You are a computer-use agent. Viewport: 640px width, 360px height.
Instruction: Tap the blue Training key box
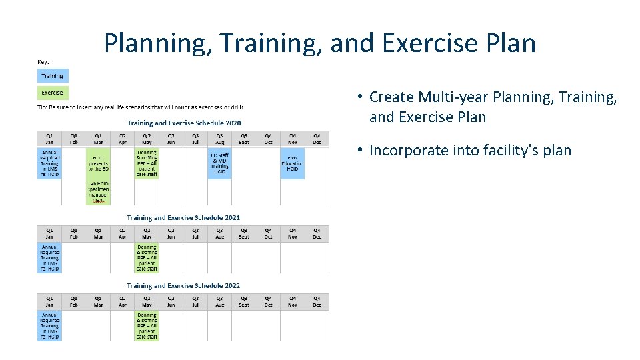click(x=53, y=76)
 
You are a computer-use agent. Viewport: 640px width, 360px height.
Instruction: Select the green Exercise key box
click(x=53, y=93)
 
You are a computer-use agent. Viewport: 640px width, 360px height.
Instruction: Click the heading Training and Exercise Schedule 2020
click(x=184, y=123)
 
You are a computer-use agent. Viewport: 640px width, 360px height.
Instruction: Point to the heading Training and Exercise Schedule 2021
click(x=183, y=217)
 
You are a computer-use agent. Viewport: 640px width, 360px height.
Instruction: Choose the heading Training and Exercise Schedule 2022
click(x=183, y=285)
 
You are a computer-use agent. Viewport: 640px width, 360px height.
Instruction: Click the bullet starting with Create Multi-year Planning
click(x=493, y=107)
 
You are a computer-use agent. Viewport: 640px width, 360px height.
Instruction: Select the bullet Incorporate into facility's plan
click(x=469, y=150)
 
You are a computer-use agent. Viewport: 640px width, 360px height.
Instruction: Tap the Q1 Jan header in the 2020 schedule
click(x=49, y=137)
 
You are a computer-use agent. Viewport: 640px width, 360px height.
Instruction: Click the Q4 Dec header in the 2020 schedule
click(x=317, y=137)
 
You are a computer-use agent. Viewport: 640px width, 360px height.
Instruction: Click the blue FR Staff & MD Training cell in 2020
click(x=219, y=163)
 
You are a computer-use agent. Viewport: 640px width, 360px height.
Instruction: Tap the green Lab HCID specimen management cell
click(x=98, y=192)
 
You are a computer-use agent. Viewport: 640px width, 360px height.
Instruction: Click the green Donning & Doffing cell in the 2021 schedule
click(x=147, y=258)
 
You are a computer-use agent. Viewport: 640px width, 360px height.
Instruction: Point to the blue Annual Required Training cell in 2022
click(x=49, y=326)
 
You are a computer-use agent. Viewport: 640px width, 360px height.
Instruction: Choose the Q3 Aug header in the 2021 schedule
click(x=219, y=233)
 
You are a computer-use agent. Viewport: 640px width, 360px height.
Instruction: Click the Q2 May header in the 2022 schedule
click(x=147, y=301)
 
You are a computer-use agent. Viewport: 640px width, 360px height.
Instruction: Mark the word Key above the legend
click(x=43, y=61)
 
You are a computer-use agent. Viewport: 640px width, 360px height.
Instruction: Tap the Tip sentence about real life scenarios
click(x=140, y=107)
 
